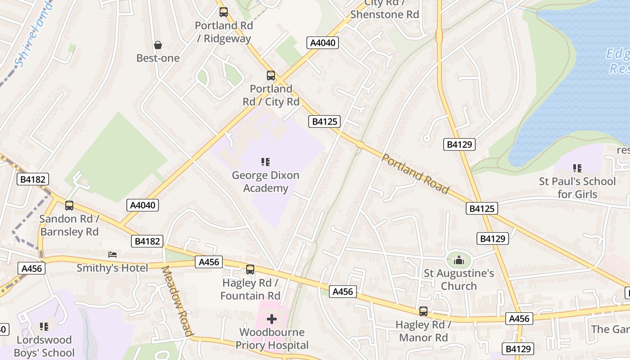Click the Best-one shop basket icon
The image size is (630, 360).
[158, 45]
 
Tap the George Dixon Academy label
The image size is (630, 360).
[265, 181]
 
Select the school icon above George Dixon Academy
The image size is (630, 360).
[265, 162]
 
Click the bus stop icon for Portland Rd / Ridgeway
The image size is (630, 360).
[224, 12]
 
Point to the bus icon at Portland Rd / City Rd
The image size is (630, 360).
[270, 75]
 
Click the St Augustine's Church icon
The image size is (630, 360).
[459, 260]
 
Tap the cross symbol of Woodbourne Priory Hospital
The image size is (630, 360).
[272, 319]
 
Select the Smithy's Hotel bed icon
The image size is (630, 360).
[112, 255]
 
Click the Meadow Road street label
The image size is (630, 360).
[177, 301]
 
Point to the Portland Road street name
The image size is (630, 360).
[415, 173]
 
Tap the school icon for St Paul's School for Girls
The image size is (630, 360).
[577, 168]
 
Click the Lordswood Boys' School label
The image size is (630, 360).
[44, 346]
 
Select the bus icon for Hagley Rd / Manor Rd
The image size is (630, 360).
[423, 311]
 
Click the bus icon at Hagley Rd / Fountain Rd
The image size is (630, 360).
[250, 270]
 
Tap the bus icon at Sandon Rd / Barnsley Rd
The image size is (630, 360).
[69, 206]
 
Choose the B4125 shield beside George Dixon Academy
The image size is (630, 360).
[324, 121]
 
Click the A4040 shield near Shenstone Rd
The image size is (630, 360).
[322, 43]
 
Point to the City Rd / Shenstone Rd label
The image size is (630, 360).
[384, 9]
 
